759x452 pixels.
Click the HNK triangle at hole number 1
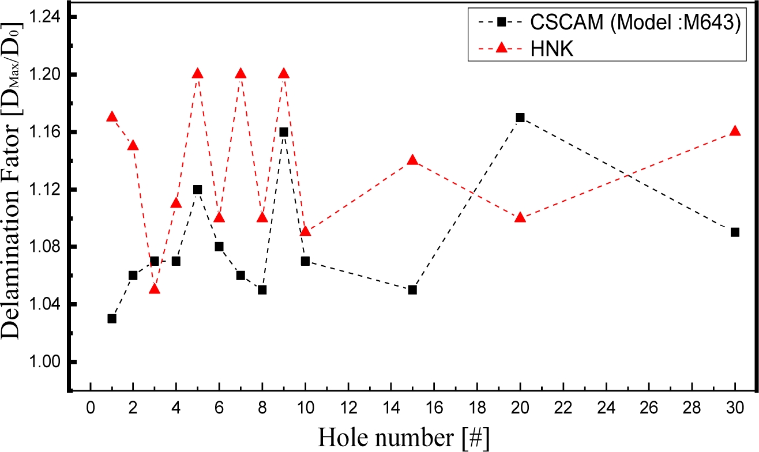[112, 116]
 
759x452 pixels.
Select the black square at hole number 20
[520, 118]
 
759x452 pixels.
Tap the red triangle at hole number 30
[735, 131]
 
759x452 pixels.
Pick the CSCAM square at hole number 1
[112, 319]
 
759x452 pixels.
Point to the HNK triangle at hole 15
[412, 160]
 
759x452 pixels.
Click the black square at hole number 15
[412, 290]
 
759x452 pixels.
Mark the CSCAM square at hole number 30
[735, 232]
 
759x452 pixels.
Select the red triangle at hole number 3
[155, 289]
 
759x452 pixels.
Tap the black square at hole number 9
[284, 132]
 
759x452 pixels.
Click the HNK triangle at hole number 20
[520, 217]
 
